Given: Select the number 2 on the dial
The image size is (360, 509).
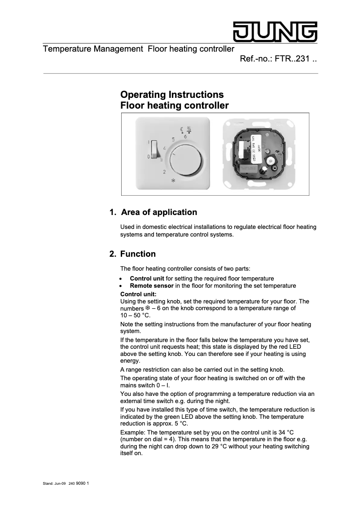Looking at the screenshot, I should click(164, 172).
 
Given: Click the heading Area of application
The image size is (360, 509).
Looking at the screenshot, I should click(159, 212).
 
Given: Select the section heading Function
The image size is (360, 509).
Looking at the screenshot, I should click(138, 254).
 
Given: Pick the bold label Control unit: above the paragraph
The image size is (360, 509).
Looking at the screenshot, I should click(138, 294).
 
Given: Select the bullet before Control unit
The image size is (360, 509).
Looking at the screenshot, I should click(122, 279).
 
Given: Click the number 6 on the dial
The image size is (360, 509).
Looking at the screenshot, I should click(185, 136).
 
